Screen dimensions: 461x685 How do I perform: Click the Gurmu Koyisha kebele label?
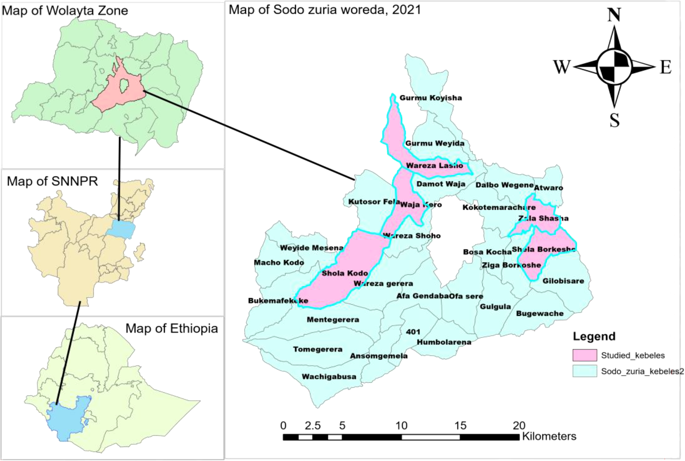(x=430, y=98)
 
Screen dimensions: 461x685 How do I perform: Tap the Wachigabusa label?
(x=329, y=377)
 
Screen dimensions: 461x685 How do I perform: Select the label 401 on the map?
(x=413, y=332)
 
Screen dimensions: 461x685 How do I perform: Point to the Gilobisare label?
(x=563, y=281)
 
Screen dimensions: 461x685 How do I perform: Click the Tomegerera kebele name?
(x=318, y=349)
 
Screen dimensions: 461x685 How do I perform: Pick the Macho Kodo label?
(x=279, y=263)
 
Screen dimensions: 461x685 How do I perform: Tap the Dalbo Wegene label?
(x=504, y=185)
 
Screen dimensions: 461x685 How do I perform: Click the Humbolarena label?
(x=444, y=342)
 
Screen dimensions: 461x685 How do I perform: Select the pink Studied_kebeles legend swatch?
(x=584, y=355)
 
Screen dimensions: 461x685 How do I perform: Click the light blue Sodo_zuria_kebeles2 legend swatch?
(x=584, y=371)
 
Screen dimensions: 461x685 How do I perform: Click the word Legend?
(x=594, y=336)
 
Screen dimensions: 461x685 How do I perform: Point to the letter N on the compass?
(x=614, y=15)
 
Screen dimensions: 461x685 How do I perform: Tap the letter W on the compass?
(x=561, y=67)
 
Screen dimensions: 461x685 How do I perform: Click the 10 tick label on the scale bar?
(x=401, y=425)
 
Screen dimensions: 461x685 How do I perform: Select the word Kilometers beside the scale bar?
(x=549, y=436)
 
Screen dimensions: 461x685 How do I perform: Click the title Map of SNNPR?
(x=52, y=181)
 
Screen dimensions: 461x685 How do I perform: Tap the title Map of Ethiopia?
(x=171, y=328)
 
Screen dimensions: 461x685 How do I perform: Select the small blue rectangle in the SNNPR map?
(x=121, y=229)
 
